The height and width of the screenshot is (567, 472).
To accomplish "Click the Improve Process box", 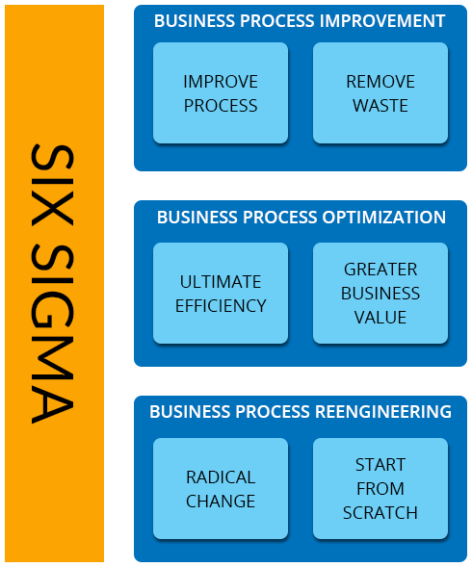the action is coord(221,93).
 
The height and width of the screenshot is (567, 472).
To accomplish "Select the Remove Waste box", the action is coord(380,93).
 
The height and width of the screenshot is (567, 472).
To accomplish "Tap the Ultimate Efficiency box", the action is coord(221,294).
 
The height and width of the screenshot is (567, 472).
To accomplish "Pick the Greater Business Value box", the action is coord(380,294).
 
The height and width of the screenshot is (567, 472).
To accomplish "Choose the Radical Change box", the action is coord(221,488).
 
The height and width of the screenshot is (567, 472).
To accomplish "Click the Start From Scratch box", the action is coord(380,488).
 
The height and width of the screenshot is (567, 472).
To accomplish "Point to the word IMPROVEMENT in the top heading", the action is coord(382,21).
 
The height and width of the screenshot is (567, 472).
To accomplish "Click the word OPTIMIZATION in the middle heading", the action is coord(384,218).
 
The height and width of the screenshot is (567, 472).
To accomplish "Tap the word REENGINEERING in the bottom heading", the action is coord(383,412).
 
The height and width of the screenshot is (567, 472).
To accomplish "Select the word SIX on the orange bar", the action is coord(53,185).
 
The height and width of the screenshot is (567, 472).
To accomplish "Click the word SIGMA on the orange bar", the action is coord(53,334).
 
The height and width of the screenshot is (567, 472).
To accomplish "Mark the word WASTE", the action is coord(380,106).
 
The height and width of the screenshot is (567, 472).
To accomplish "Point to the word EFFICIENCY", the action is coord(221,306).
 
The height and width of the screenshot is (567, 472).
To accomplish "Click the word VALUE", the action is coord(380,318).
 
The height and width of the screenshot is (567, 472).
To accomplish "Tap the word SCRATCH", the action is coord(380,513).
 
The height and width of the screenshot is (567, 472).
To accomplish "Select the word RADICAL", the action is coord(221,477).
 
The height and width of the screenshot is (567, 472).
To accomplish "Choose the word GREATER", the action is coord(380,270).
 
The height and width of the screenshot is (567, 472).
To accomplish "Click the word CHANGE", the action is coord(221,502).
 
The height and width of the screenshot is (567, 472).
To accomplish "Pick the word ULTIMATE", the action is coord(221,282).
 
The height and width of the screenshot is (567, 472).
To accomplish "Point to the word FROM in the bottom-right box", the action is coord(380,489).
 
